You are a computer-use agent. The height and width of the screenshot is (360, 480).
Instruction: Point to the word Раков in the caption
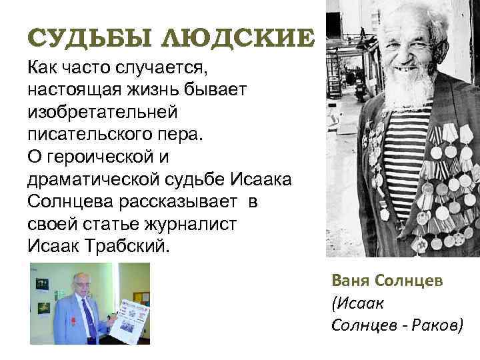433,324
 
